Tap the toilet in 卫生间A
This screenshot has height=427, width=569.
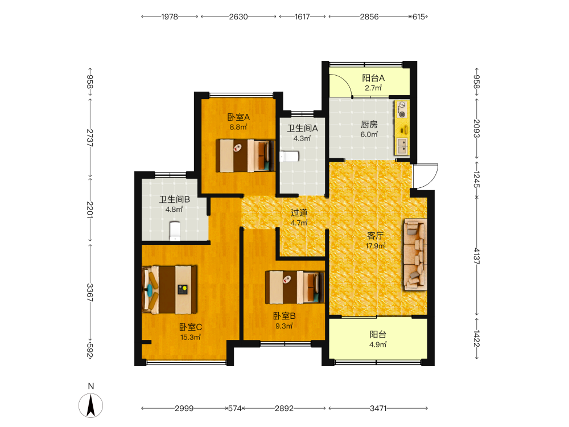289,157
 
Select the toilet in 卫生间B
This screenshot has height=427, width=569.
175,231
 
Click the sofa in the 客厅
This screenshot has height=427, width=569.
415,254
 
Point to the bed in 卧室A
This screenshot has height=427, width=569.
245,155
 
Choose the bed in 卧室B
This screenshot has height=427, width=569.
294,287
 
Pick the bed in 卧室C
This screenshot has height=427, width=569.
170,290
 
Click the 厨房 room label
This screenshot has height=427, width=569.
369,125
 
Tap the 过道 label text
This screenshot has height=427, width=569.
299,213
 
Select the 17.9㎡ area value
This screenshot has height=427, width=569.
375,246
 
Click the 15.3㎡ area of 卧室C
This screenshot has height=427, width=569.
191,337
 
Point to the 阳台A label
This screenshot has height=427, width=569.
373,78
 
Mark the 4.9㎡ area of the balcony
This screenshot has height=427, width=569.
378,344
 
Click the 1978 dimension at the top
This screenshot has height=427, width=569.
170,17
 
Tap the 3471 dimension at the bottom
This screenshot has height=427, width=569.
378,408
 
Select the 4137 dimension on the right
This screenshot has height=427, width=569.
476,256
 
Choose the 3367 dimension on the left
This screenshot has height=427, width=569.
90,292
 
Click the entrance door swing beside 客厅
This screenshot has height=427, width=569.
425,176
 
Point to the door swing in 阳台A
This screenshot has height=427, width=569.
341,86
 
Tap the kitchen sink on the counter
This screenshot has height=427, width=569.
402,146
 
